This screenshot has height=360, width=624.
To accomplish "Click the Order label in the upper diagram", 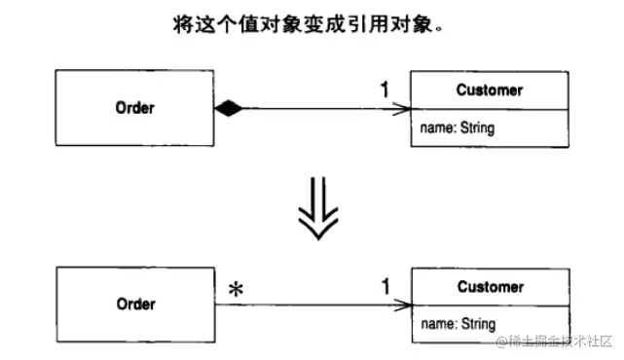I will click(x=136, y=108).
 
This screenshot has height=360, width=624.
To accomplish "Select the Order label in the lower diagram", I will click(x=136, y=304).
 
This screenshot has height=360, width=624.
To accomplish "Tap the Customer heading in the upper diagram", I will click(x=489, y=90).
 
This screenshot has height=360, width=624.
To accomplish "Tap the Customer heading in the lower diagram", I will click(x=489, y=287).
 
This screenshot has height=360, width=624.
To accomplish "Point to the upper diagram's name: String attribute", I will click(x=458, y=127).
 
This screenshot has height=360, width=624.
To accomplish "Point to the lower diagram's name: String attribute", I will click(x=458, y=324).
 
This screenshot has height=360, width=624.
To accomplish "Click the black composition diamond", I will click(x=228, y=109).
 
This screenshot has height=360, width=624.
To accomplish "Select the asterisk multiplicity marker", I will click(x=235, y=290).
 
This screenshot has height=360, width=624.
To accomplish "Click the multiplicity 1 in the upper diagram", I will click(x=385, y=90).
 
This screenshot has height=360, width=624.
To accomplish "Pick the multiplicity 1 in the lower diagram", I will click(x=385, y=287).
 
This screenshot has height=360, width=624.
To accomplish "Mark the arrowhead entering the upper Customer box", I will click(x=403, y=109).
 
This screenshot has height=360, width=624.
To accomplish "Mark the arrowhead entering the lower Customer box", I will click(x=403, y=306).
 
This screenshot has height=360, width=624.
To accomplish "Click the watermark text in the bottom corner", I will click(x=555, y=342).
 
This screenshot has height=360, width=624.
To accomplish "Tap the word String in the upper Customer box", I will click(x=476, y=127).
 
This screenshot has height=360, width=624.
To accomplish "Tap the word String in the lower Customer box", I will click(x=476, y=324).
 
